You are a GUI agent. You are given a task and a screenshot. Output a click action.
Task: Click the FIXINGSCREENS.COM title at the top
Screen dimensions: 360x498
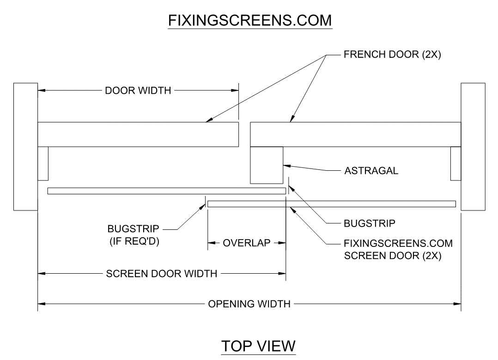[x=250, y=21]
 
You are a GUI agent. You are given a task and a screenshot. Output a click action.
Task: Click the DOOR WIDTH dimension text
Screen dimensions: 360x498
[x=138, y=90]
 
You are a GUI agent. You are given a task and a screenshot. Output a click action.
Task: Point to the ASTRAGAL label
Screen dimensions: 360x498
[x=371, y=171]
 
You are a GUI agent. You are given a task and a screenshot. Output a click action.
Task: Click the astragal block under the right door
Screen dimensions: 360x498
[x=267, y=165]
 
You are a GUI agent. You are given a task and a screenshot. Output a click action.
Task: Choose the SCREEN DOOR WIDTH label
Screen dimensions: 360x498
[x=162, y=274]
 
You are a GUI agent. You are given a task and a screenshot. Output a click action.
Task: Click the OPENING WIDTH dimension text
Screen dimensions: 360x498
[x=249, y=304]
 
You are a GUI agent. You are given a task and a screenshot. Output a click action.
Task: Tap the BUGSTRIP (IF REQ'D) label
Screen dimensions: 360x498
[x=134, y=235]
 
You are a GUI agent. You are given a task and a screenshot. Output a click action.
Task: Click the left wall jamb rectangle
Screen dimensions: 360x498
[x=25, y=146]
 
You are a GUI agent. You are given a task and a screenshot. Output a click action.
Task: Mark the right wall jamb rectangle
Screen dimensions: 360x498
[x=473, y=146]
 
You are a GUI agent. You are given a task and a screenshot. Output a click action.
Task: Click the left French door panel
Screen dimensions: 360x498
[x=138, y=134]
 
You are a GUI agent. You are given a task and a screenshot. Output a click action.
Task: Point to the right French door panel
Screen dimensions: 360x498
[x=355, y=134]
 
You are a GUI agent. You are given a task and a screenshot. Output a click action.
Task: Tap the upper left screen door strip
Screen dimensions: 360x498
[x=166, y=191]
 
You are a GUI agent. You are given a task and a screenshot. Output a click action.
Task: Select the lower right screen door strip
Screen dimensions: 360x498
[x=332, y=204]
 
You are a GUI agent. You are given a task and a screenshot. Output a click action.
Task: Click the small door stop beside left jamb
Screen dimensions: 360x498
[x=43, y=163]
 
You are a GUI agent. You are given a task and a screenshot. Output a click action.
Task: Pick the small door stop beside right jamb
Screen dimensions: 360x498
[x=455, y=163]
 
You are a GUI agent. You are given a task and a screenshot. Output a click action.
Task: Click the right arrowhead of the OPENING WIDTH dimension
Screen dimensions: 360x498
[x=458, y=304]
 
